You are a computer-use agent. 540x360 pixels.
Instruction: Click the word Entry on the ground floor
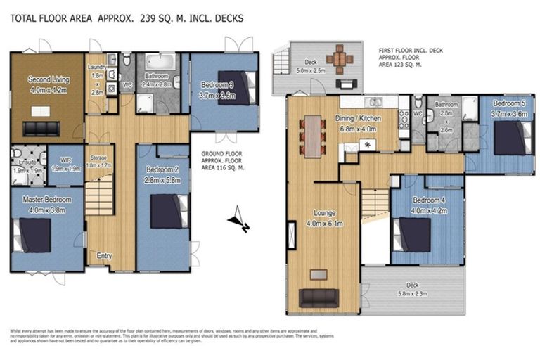coord(103,256)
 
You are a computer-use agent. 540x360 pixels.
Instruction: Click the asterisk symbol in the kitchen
coord(366,145)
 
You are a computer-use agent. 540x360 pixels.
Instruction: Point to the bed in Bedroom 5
coord(511,137)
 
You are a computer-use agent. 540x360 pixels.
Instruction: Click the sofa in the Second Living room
coord(44,128)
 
